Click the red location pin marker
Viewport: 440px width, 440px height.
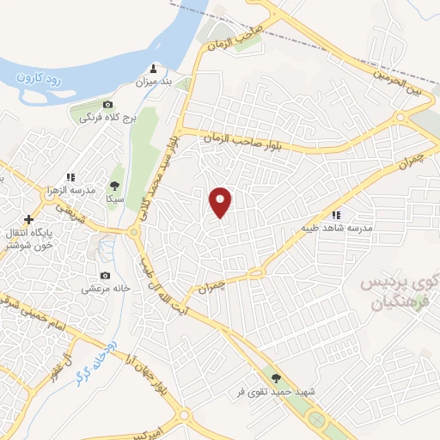[x=221, y=202]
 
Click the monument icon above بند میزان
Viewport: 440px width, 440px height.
[x=154, y=68]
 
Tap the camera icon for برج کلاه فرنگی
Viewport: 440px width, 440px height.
[x=107, y=104]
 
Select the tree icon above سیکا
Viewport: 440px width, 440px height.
[x=113, y=184]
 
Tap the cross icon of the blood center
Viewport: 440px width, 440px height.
[x=28, y=219]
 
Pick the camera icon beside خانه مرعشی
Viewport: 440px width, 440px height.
[x=105, y=275]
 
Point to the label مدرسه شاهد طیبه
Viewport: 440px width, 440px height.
[x=335, y=229]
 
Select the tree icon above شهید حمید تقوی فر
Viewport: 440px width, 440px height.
[x=276, y=377]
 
